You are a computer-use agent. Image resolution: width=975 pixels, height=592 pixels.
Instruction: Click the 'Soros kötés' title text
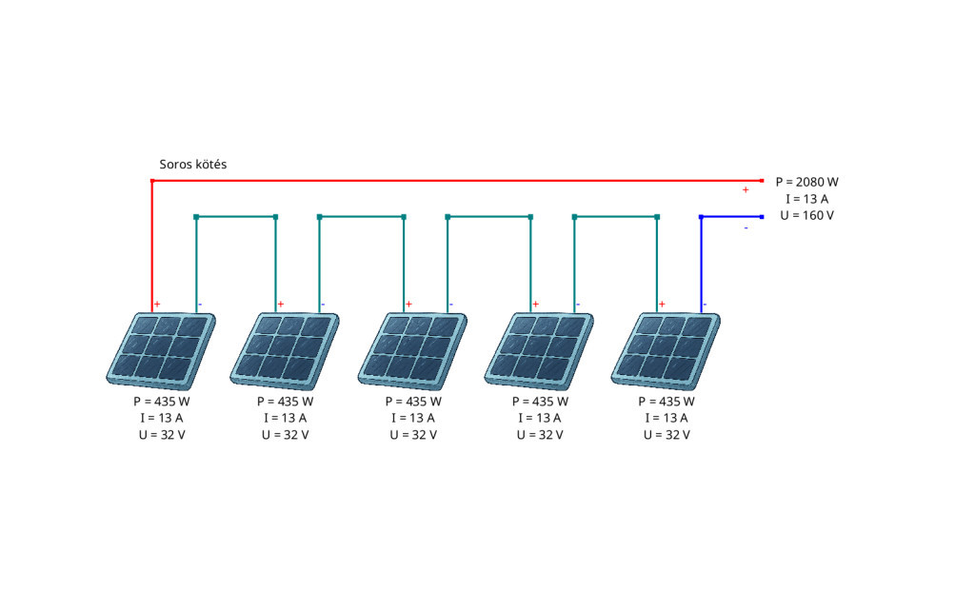[192, 165]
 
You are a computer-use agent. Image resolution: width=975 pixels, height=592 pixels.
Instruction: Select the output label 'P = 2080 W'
[807, 182]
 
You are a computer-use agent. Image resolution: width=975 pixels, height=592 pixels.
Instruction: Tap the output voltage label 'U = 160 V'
[807, 216]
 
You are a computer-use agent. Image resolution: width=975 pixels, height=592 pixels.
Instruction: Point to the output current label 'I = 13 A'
[807, 199]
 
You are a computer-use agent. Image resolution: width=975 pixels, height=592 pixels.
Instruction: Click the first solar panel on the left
[161, 350]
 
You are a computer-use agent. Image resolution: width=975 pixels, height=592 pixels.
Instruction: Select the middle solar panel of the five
[412, 350]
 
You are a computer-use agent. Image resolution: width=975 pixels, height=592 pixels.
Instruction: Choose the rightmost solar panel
[666, 350]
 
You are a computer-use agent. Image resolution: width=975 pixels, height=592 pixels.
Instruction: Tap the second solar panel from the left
[285, 350]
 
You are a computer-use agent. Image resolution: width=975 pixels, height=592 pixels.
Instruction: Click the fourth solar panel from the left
[539, 350]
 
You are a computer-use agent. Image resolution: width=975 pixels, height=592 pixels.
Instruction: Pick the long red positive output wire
[457, 181]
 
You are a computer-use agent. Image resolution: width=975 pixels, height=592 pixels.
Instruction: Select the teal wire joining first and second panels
[236, 217]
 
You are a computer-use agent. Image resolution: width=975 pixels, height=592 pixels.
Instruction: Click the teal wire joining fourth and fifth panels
[616, 217]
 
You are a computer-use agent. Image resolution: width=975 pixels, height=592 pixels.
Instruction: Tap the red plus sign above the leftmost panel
[157, 304]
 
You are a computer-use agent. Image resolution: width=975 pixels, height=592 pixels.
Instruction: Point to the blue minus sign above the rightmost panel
[705, 304]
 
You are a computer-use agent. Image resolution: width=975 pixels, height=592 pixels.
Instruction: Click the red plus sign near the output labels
[746, 189]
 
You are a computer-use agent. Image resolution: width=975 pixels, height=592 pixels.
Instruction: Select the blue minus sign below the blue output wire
[746, 228]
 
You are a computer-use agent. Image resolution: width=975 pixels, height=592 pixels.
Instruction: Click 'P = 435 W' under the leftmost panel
[162, 402]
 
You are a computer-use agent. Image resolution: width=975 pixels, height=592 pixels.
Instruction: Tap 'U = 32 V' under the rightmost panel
[667, 435]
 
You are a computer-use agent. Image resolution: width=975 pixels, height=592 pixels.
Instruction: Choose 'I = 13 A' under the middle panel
[413, 418]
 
